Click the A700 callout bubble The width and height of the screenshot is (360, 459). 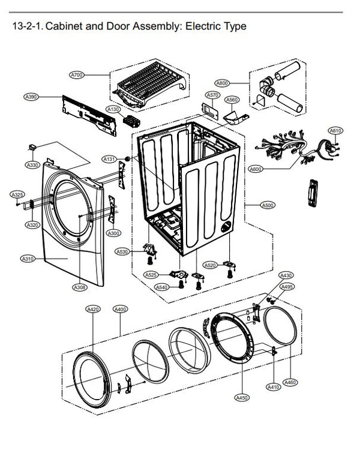(77, 75)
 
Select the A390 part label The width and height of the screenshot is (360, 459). (31, 96)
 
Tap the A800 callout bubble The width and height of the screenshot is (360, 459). (223, 83)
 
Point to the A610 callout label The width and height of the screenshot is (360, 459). (335, 130)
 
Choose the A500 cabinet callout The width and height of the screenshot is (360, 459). (268, 205)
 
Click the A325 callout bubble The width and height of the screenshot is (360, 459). (17, 195)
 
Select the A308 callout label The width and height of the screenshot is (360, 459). (80, 288)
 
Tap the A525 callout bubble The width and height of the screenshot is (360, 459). (151, 274)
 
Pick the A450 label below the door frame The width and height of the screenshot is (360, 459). (242, 397)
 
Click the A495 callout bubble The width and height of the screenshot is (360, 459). (287, 287)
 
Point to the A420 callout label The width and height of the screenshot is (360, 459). (93, 309)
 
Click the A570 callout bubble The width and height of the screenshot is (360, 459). (212, 95)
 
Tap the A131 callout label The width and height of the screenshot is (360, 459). (109, 159)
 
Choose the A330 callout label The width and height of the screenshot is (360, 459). (32, 165)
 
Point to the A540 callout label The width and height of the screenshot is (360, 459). (162, 287)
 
